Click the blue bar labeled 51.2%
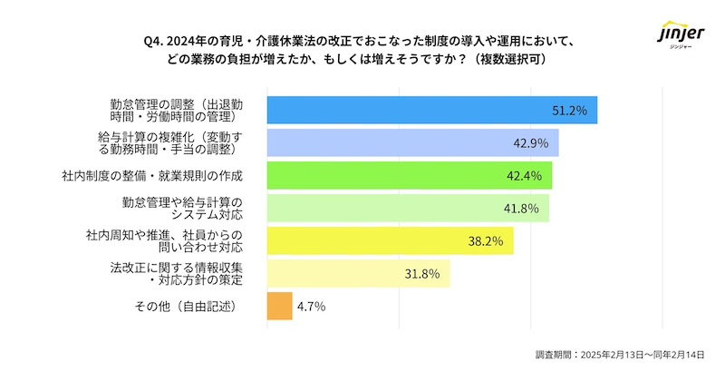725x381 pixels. click(x=431, y=110)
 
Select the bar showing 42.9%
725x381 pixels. click(x=412, y=142)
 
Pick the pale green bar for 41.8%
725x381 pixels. click(x=408, y=208)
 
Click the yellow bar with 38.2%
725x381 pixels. click(x=390, y=240)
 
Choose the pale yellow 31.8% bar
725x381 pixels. click(x=359, y=273)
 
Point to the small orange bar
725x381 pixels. click(x=279, y=306)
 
